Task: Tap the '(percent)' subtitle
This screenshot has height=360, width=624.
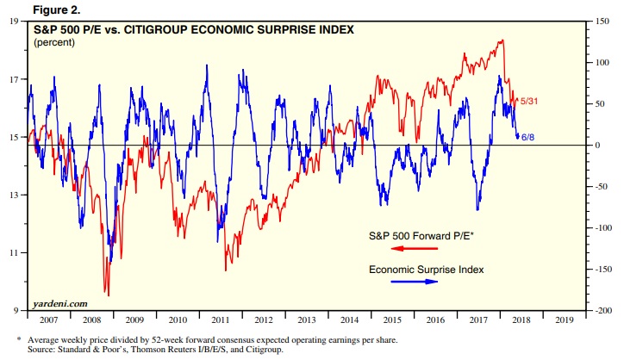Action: pos(53,42)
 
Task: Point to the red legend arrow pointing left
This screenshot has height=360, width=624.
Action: pos(409,249)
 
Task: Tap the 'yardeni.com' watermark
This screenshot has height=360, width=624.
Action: pos(62,303)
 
